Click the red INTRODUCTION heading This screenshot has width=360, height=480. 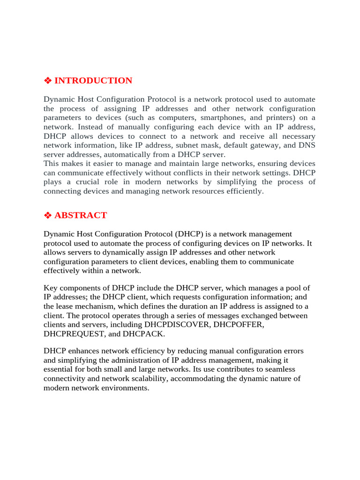(x=93, y=81)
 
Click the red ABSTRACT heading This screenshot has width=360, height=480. (x=81, y=216)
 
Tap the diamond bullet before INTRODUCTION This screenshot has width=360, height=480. (x=47, y=81)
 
